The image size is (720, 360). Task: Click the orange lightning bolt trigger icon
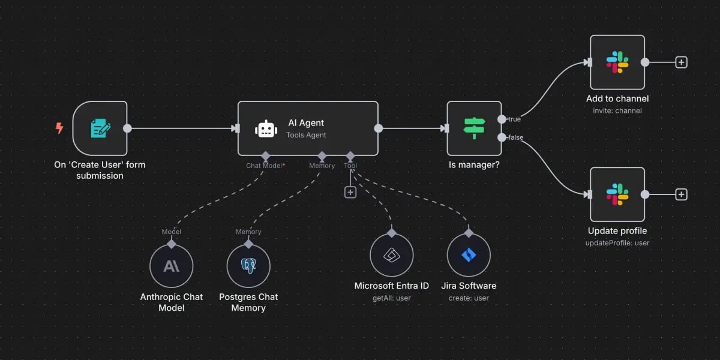click(59, 128)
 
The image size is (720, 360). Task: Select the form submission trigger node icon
click(100, 128)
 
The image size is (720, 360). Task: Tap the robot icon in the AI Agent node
click(266, 128)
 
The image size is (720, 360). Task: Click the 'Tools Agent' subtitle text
click(306, 135)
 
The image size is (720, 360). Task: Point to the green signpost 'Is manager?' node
click(474, 128)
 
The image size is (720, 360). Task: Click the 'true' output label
click(514, 119)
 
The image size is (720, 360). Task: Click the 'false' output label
click(515, 137)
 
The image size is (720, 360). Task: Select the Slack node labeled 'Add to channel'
click(617, 62)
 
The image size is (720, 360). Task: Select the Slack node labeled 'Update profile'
click(617, 194)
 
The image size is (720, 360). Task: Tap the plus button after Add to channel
click(681, 62)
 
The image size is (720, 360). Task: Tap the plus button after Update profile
click(681, 194)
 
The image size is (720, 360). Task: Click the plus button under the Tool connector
click(350, 192)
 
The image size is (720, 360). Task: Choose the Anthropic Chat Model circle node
click(171, 266)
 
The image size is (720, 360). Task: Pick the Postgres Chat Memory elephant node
click(248, 266)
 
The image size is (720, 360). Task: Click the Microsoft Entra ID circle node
click(391, 255)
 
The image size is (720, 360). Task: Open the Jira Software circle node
click(469, 255)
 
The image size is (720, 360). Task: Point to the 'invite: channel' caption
click(617, 110)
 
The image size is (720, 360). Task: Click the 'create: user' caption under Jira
click(469, 298)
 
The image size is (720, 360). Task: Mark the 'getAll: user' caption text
click(391, 298)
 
